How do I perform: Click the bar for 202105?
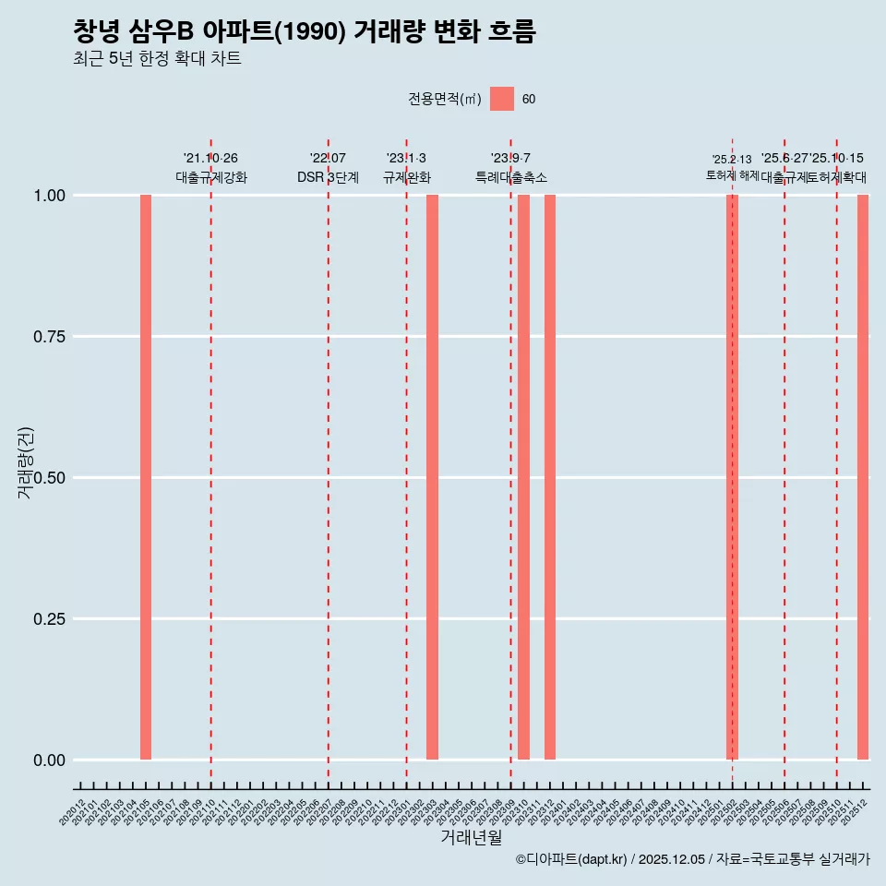coord(146,477)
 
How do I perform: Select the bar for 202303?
coord(432,477)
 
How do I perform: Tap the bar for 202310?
coord(523,477)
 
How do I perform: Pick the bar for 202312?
coord(550,477)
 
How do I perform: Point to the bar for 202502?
coord(732,477)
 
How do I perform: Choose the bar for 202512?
coord(863,477)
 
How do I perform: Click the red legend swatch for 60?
coord(502,99)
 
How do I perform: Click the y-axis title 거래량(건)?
coord(26,463)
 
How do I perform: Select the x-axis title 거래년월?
coord(472,838)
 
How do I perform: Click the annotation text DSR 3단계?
coord(328,177)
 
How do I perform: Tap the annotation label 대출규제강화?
coord(211,177)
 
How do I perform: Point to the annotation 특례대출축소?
coord(511,177)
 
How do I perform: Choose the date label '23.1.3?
coord(406,159)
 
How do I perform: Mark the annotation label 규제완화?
coord(407,177)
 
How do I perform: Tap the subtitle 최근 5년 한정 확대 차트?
coord(157,59)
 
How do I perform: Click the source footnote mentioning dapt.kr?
coord(692,859)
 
